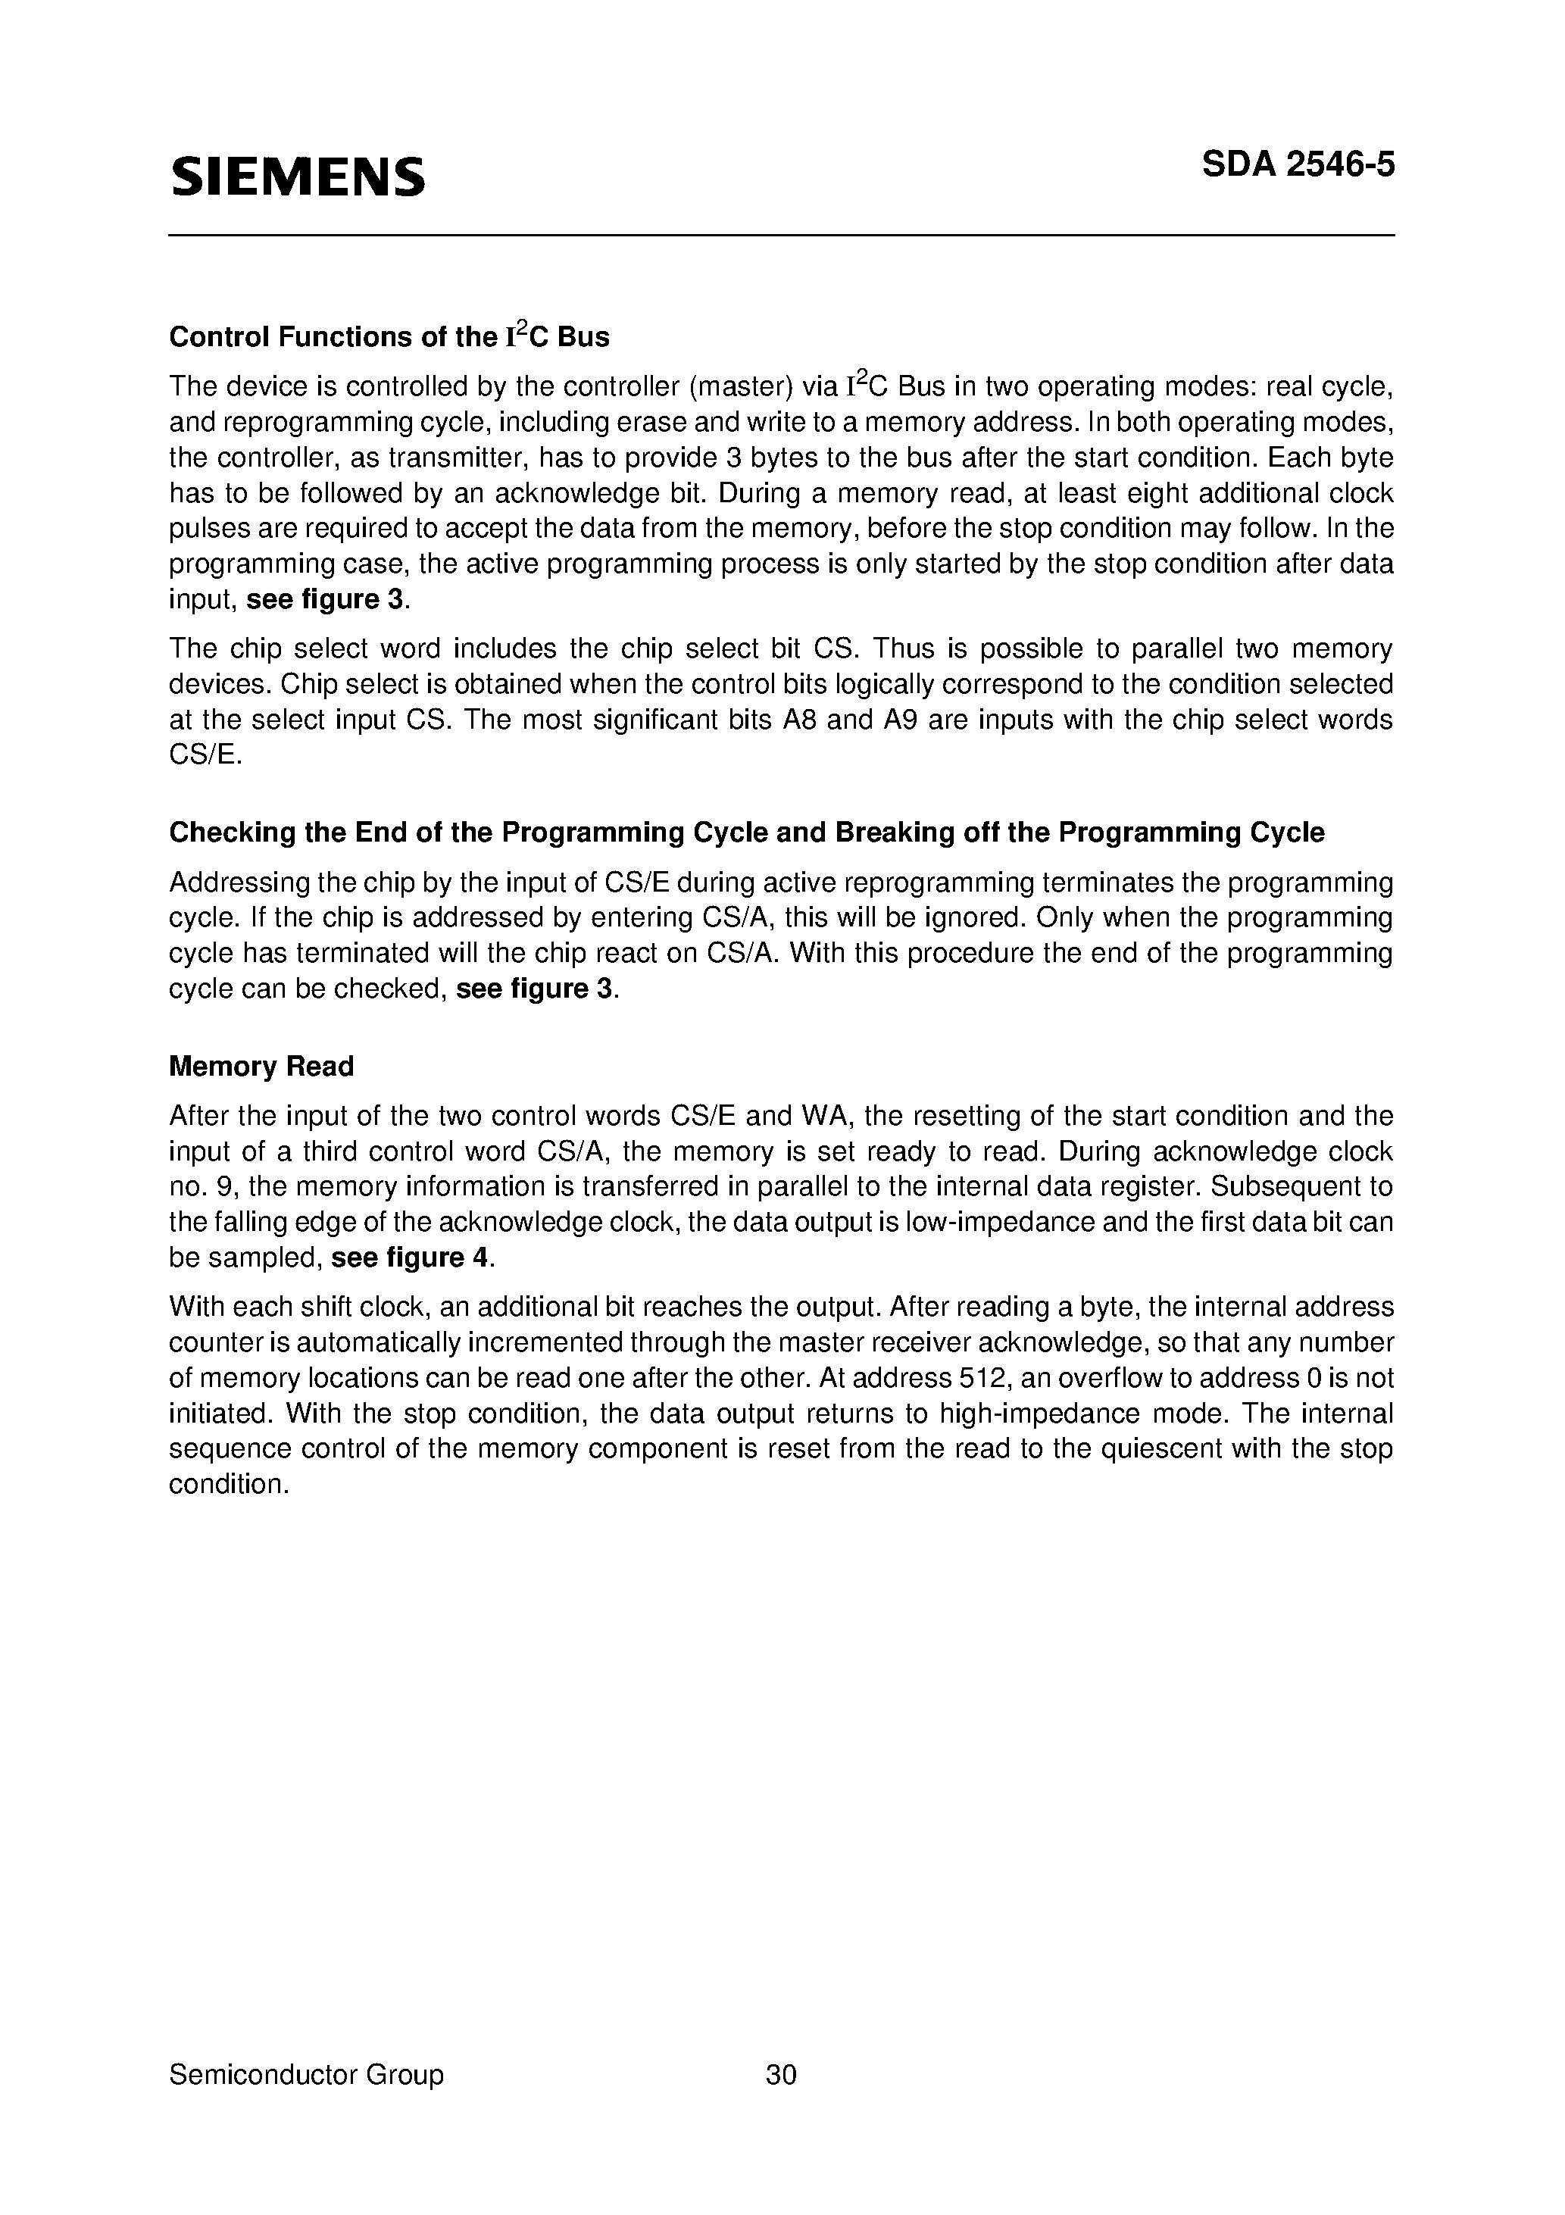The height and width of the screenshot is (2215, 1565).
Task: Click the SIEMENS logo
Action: (x=297, y=177)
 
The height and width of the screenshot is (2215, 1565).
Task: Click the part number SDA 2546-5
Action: (x=1298, y=165)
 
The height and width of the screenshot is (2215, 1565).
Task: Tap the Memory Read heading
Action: (x=261, y=1066)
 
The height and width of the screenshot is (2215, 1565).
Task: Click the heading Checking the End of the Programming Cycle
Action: (x=746, y=832)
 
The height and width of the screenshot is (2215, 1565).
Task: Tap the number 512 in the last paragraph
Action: (x=983, y=1378)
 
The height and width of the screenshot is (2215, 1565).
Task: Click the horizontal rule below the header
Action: (x=782, y=236)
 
